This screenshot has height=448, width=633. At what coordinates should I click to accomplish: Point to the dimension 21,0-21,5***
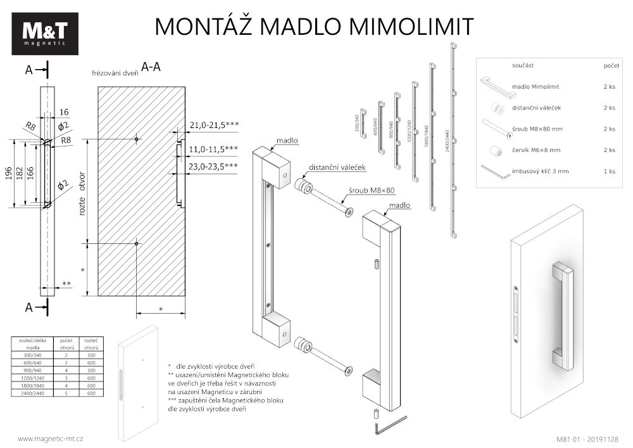pyautogui.click(x=213, y=125)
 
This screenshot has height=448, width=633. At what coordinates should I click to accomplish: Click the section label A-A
pyautogui.click(x=151, y=67)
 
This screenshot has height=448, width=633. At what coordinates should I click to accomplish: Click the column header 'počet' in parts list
pyautogui.click(x=611, y=65)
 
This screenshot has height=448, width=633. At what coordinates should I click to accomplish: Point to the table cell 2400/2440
pyautogui.click(x=33, y=394)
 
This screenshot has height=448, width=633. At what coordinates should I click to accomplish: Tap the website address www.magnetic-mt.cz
pyautogui.click(x=50, y=438)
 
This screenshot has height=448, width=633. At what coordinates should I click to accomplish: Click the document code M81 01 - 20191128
pyautogui.click(x=587, y=438)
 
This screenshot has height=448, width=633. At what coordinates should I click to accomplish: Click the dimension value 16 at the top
pyautogui.click(x=64, y=112)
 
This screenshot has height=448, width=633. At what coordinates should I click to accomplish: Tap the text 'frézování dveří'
pyautogui.click(x=115, y=73)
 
